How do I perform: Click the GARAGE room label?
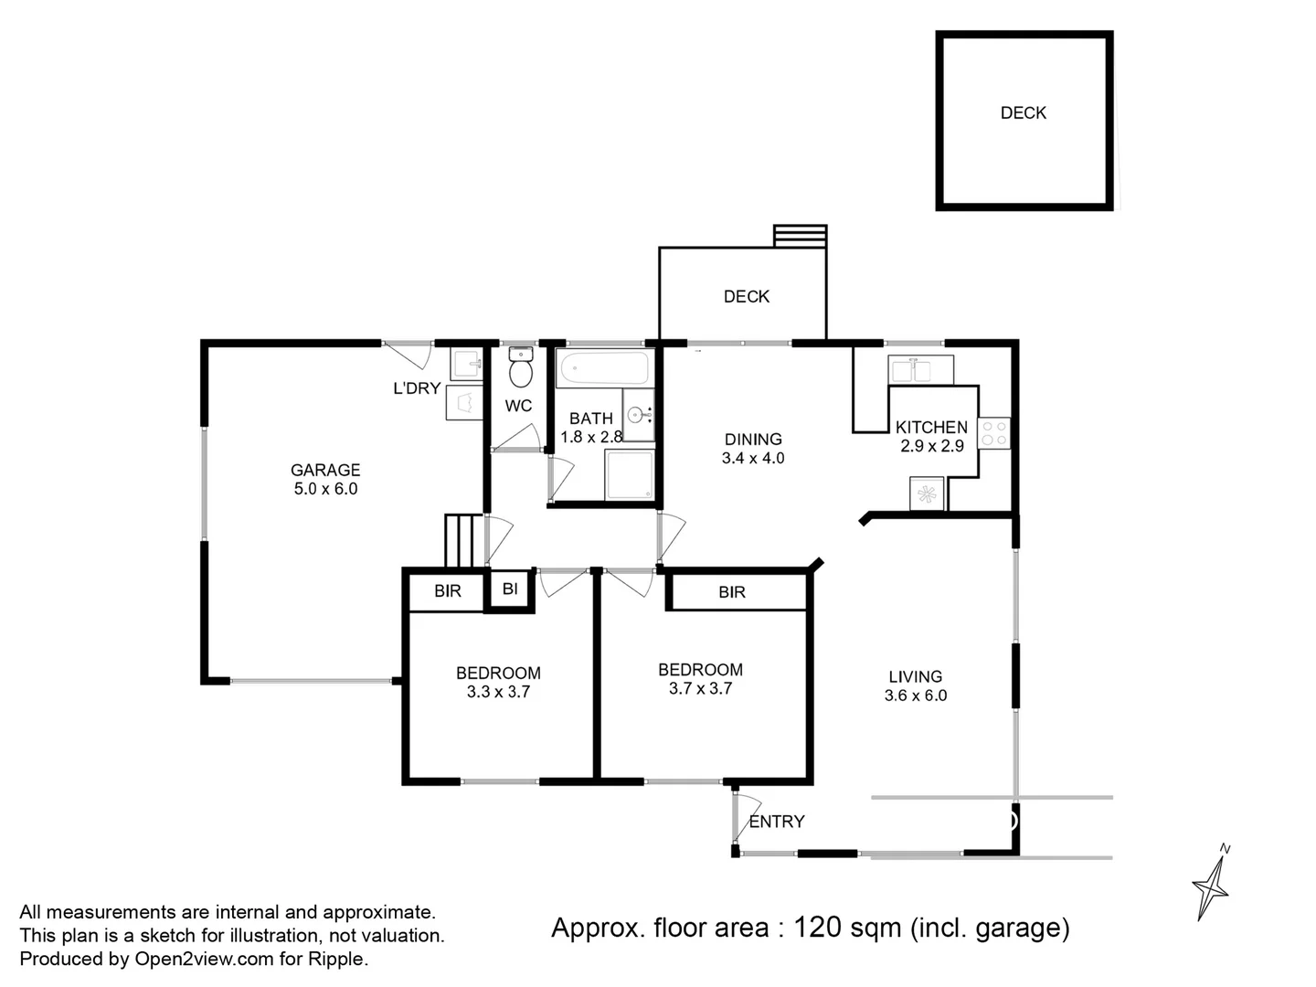325,470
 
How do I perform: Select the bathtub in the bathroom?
604,369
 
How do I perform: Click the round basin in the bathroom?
636,416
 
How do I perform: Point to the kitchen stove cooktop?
993,433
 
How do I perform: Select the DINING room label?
753,439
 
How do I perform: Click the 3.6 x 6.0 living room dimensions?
915,695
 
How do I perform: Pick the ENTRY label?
777,822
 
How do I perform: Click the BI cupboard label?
510,589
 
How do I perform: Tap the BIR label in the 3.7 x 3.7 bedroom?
732,592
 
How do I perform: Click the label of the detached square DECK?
1023,112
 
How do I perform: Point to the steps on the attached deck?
800,237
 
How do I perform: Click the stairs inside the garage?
462,541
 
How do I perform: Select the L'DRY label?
417,388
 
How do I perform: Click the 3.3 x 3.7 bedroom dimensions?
498,693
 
